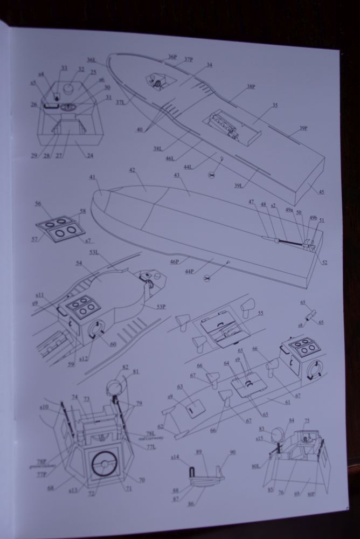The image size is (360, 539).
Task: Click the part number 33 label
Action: (x=64, y=68)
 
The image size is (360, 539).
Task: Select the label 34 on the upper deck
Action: (x=209, y=65)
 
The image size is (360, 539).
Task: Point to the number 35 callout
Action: (x=275, y=106)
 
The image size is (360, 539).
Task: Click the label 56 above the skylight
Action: (x=38, y=204)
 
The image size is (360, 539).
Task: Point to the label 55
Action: (x=260, y=313)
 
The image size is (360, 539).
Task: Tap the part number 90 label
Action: (x=232, y=452)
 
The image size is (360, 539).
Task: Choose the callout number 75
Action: (x=307, y=421)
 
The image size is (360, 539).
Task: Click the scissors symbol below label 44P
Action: (x=206, y=278)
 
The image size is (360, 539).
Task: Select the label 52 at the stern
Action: (x=324, y=262)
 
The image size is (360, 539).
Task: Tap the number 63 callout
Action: (x=179, y=386)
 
